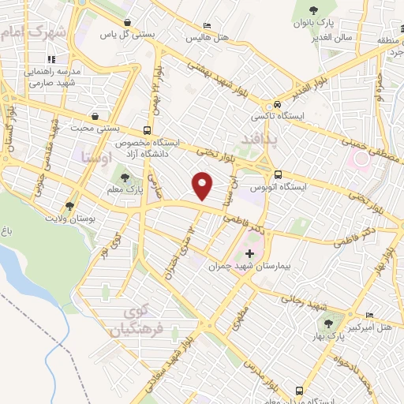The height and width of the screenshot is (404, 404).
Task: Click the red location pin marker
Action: (x=203, y=185)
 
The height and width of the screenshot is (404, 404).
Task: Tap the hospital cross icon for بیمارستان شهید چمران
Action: (x=250, y=254)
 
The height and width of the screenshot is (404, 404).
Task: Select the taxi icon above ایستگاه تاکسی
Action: (x=277, y=105)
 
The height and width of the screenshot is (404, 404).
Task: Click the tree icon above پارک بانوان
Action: (x=313, y=10)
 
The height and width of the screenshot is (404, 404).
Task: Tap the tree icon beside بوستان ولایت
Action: (x=70, y=207)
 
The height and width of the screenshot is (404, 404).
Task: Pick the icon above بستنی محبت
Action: (x=95, y=115)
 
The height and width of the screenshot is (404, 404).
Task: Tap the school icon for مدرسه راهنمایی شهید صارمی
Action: (x=51, y=59)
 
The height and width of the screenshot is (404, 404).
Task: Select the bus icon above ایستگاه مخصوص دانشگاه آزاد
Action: (x=147, y=131)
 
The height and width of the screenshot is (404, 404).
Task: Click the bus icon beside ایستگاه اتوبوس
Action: (x=277, y=175)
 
